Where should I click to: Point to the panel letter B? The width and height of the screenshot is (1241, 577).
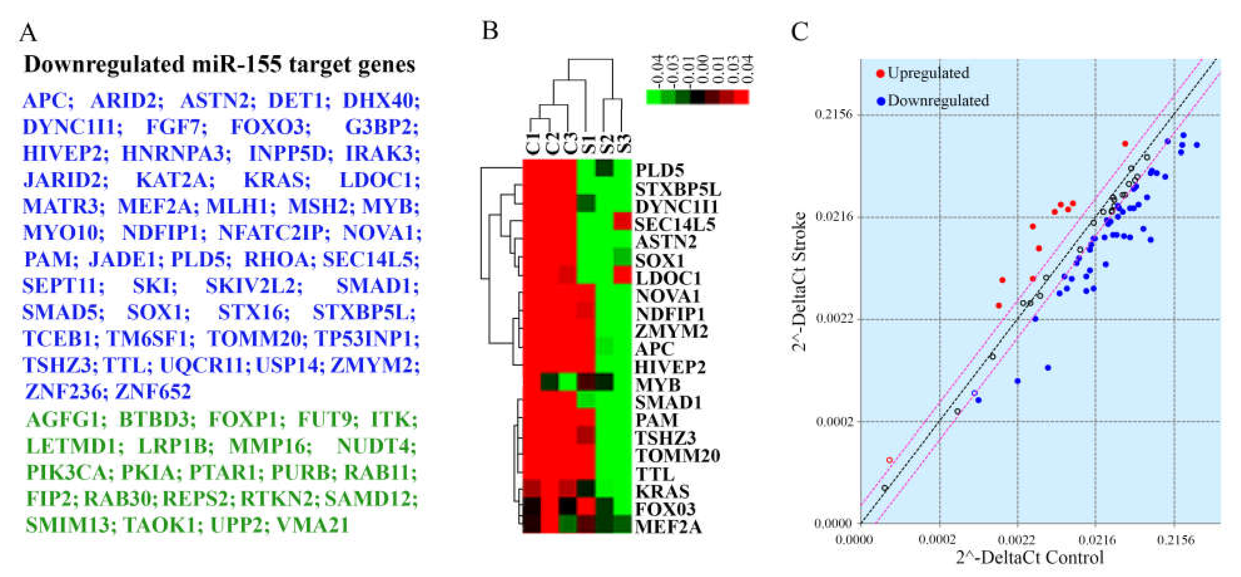click(x=490, y=31)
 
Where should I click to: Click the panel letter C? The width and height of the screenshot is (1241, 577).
click(x=799, y=32)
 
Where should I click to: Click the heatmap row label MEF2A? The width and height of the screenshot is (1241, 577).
click(x=668, y=526)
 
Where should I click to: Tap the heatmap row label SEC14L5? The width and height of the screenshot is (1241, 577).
click(x=674, y=224)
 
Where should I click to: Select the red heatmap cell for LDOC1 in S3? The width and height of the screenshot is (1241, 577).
click(x=622, y=275)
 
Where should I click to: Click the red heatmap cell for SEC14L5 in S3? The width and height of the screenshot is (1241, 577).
click(x=622, y=222)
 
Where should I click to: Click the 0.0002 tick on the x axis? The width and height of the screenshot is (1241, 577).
click(x=939, y=539)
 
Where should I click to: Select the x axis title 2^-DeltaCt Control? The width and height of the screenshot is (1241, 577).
click(x=1029, y=558)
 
